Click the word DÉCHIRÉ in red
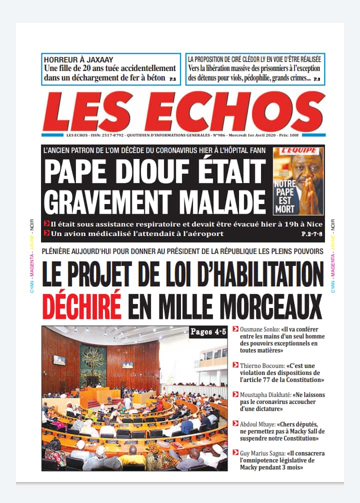(81, 302)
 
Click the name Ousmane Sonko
(259, 329)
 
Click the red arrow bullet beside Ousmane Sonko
(235, 329)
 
